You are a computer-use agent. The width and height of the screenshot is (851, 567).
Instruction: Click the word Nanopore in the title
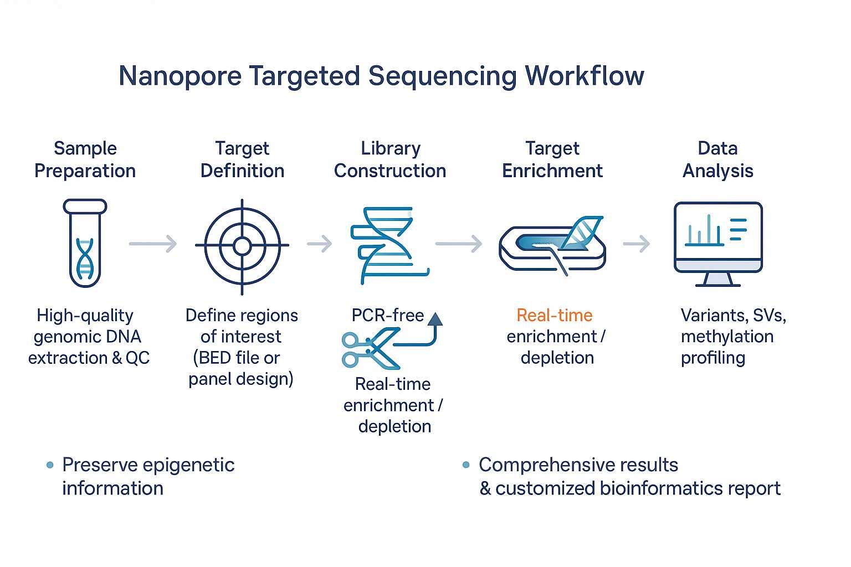click(180, 76)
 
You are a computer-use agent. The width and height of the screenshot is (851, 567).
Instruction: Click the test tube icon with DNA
click(85, 244)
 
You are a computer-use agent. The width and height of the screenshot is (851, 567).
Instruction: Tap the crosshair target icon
click(242, 246)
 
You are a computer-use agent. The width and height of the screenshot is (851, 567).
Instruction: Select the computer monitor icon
click(718, 244)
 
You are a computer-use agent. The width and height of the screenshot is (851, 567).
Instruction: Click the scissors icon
click(369, 349)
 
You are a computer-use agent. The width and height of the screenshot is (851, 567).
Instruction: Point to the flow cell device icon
click(552, 246)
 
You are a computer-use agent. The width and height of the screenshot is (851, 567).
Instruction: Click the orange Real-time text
click(554, 315)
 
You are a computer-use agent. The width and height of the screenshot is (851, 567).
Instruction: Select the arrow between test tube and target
click(153, 244)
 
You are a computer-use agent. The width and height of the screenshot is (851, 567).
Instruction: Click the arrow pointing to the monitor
click(637, 244)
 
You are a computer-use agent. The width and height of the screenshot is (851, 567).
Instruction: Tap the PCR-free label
click(387, 315)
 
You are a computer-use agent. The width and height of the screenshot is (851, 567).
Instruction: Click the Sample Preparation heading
click(85, 159)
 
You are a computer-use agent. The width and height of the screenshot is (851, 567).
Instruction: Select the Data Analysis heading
click(717, 159)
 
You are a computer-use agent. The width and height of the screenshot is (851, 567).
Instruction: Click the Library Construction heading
click(390, 159)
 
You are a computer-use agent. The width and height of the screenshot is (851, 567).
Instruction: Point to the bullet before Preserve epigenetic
click(50, 465)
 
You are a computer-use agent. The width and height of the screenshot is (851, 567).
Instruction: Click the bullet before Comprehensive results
click(466, 465)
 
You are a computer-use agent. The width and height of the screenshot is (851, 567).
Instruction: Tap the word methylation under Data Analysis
click(727, 336)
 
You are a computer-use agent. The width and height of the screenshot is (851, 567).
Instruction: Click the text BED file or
click(237, 358)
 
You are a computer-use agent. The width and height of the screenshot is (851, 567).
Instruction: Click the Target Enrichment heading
click(552, 159)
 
